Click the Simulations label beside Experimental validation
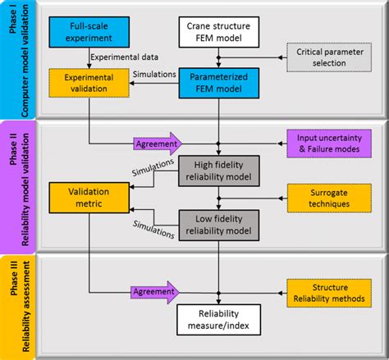[153, 74]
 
